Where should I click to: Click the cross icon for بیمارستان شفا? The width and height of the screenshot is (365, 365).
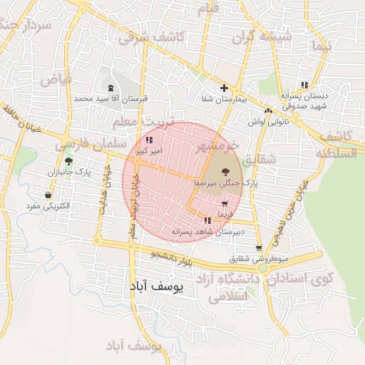point(224,88)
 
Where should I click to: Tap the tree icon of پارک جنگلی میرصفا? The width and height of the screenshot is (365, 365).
point(226,171)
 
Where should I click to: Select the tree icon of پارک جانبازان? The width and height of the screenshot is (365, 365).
point(68,161)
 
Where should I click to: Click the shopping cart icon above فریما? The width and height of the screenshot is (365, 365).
point(225,204)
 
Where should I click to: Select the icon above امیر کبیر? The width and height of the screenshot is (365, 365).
point(148,140)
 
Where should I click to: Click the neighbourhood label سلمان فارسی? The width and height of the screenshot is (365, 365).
point(82,143)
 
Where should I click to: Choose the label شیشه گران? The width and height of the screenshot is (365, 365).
point(266,36)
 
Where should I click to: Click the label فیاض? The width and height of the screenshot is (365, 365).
point(56,79)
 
